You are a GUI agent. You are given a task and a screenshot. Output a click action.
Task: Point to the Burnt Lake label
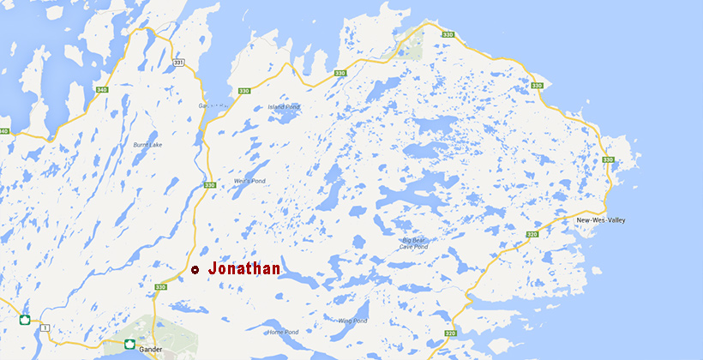click(x=147, y=145)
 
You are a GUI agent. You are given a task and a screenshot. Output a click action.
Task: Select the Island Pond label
click(x=284, y=106)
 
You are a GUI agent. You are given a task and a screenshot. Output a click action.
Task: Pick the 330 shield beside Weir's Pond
click(x=210, y=184)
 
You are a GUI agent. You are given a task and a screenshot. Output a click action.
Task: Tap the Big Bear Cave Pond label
click(x=412, y=244)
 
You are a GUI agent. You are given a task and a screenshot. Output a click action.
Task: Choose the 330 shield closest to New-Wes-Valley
click(x=608, y=159)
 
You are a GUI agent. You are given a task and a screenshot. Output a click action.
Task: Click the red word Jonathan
click(x=244, y=269)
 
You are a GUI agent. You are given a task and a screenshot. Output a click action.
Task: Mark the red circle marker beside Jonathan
click(x=195, y=270)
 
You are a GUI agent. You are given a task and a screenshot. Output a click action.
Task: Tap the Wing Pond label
click(x=351, y=321)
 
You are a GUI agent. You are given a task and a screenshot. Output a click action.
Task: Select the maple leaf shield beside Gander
click(x=129, y=344)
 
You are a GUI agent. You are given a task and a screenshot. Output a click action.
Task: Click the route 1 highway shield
click(x=45, y=327)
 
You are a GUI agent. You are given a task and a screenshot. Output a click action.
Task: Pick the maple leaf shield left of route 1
click(x=26, y=321)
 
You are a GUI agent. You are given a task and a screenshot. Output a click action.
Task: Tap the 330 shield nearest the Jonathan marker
click(x=162, y=288)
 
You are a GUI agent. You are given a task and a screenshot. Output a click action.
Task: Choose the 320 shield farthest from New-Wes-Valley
click(x=451, y=333)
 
